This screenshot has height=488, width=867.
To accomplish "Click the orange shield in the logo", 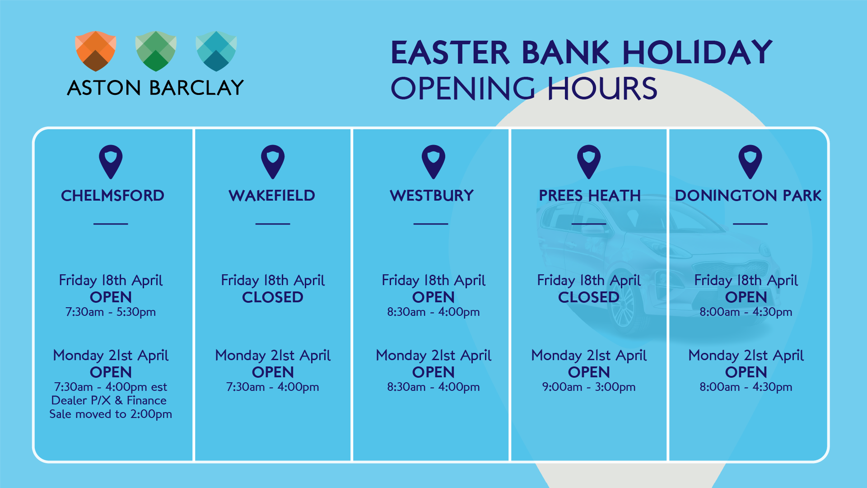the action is tap(96, 51).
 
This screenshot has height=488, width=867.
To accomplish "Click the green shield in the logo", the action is tap(156, 51).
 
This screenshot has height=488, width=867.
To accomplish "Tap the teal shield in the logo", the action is tap(216, 51).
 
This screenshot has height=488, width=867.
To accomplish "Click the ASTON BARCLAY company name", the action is tap(155, 88).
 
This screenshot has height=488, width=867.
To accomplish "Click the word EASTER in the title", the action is tap(450, 52).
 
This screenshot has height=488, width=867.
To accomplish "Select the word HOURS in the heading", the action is tap(602, 88).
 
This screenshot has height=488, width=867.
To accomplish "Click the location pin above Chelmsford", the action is tap(111, 162).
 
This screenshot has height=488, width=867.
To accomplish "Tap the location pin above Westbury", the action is tap(433, 162).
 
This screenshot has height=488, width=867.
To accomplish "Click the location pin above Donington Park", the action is tap(750, 162).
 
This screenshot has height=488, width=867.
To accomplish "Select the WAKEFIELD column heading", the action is tap(272, 196).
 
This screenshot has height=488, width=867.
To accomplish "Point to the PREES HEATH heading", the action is tap(590, 196).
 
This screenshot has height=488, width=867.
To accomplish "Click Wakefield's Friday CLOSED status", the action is tap(273, 297).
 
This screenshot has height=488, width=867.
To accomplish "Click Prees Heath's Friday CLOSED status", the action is tap(589, 297).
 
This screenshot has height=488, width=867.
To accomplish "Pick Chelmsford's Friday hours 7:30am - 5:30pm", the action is tap(111, 312).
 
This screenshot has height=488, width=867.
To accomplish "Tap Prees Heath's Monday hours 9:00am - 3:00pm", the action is tap(589, 387).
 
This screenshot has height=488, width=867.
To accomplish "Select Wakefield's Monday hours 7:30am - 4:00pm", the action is tap(273, 387).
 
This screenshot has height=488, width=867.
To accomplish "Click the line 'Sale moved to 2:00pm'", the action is tap(111, 414).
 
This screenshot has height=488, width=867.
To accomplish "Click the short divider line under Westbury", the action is tap(431, 224).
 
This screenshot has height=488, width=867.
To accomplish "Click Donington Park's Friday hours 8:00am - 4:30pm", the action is tap(746, 312).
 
